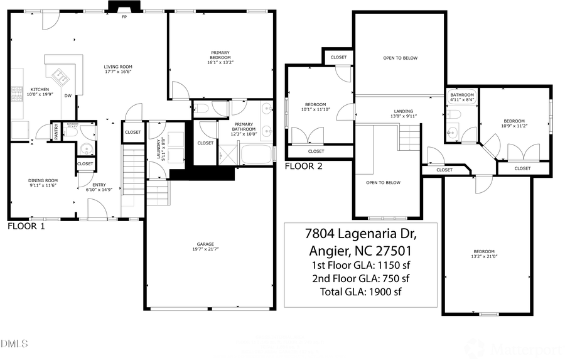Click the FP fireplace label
pos(124,18)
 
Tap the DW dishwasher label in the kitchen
pos(67,95)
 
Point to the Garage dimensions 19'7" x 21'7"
pos(205,249)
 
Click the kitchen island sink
pos(62,77)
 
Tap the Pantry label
pos(56,132)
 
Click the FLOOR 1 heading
pos(26,226)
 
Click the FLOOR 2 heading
pos(303,166)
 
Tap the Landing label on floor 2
pos(404,111)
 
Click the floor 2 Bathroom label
pos(461,95)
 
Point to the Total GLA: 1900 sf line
pos(360,292)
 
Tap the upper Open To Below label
pos(400,58)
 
